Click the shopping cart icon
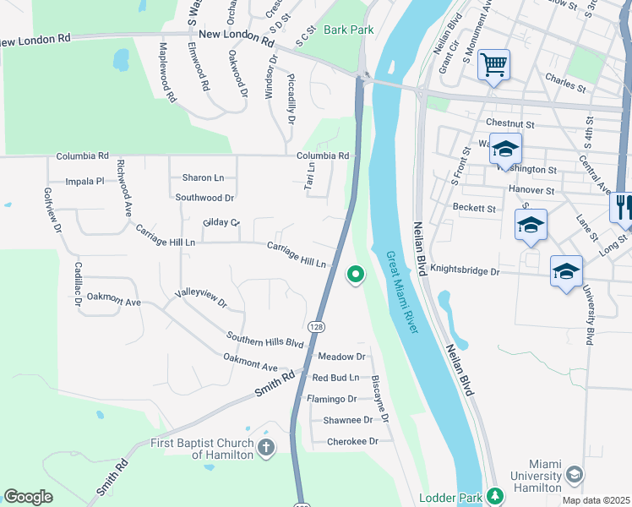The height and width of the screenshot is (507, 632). pos(493,64)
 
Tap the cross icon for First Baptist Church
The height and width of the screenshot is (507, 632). pos(266,447)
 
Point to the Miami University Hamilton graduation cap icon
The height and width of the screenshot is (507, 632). pos(575,476)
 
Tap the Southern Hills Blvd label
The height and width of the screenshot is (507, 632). pos(264,340)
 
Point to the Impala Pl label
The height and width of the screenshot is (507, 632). pos(84,181)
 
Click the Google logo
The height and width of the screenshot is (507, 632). pos(28,497)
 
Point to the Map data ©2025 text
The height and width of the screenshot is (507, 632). pos(596,500)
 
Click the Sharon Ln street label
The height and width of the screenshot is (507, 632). pos(204,177)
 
